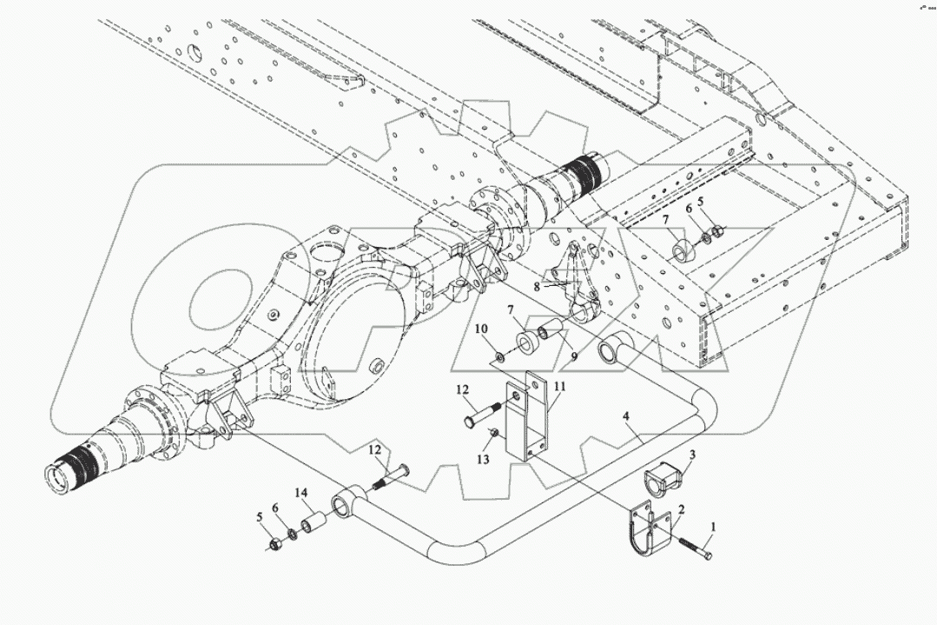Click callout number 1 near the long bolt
coord(714,526)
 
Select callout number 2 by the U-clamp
coord(682,511)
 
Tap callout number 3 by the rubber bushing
coord(692,455)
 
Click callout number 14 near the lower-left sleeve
coord(301,492)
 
